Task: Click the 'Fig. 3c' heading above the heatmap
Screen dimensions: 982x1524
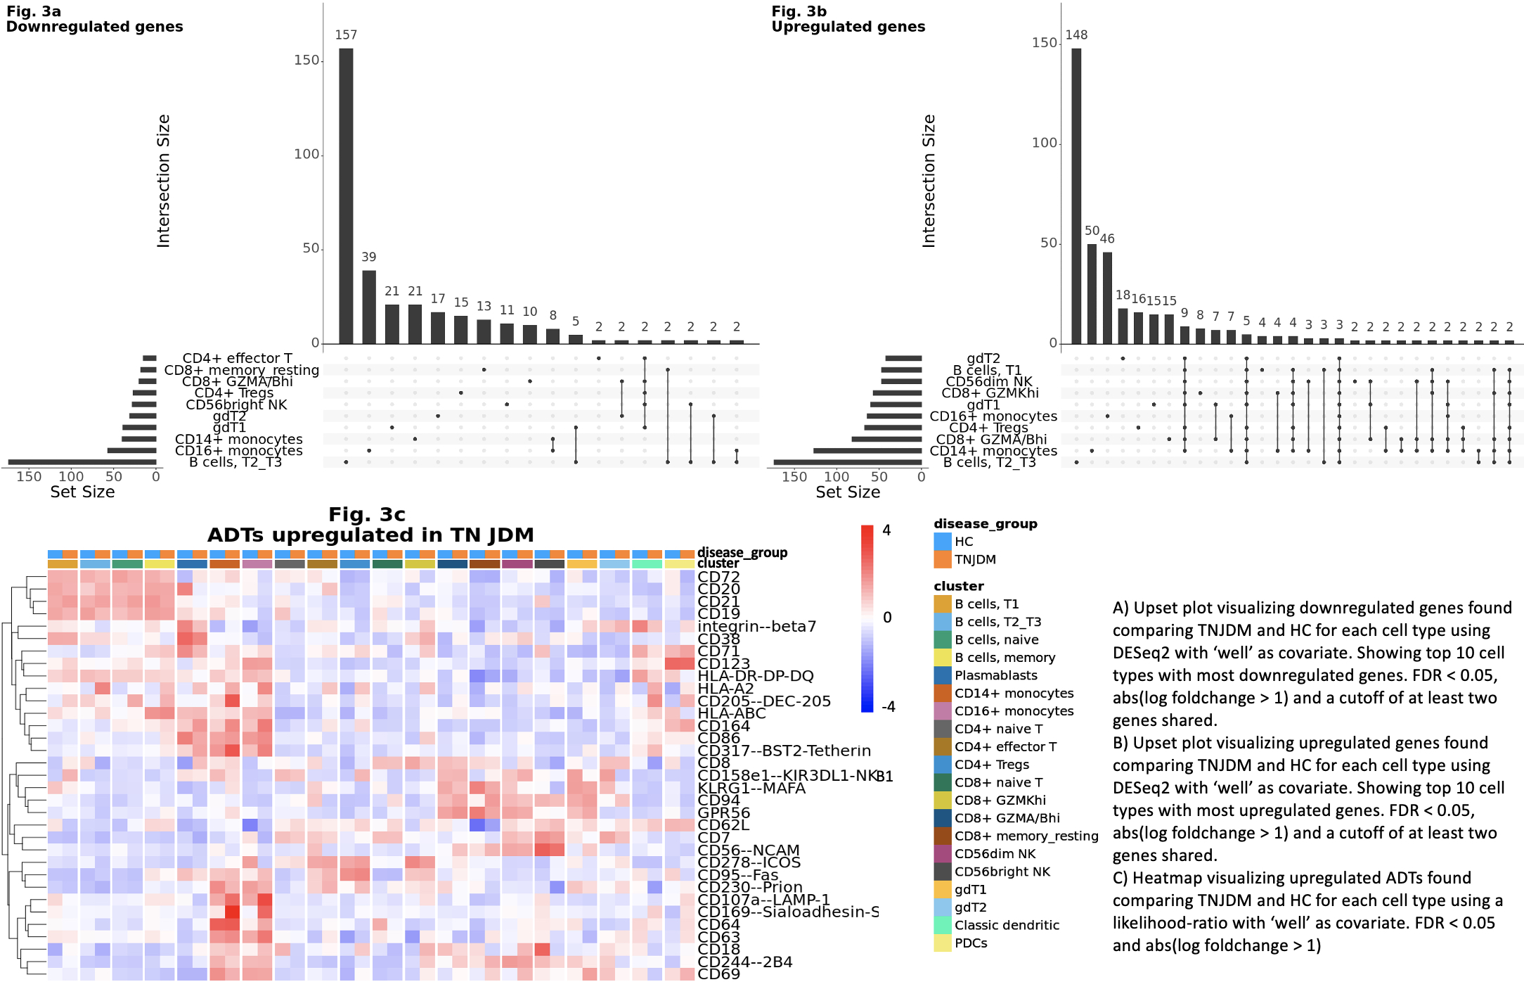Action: point(367,515)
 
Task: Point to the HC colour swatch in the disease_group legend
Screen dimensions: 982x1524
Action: point(943,542)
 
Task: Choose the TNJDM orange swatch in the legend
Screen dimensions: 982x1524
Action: point(943,559)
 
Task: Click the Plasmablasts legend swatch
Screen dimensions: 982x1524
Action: point(943,675)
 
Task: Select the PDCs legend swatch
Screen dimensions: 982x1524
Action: point(943,943)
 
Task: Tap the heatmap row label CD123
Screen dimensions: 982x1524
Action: point(724,663)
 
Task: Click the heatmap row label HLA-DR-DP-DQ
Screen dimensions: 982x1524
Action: point(756,676)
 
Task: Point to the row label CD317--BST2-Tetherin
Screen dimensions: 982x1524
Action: point(784,751)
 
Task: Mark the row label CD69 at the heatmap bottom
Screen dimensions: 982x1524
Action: point(718,974)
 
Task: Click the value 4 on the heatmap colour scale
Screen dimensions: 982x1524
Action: point(886,530)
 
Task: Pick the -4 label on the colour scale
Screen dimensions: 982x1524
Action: point(888,706)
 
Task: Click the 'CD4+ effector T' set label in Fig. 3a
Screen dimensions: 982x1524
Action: point(237,359)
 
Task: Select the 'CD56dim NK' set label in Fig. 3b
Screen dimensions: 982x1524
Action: point(989,382)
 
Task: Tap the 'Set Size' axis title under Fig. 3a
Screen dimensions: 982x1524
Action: point(82,492)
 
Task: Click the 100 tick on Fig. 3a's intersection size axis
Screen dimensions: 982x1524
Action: point(306,154)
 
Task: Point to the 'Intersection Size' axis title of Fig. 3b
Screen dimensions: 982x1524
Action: point(929,181)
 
